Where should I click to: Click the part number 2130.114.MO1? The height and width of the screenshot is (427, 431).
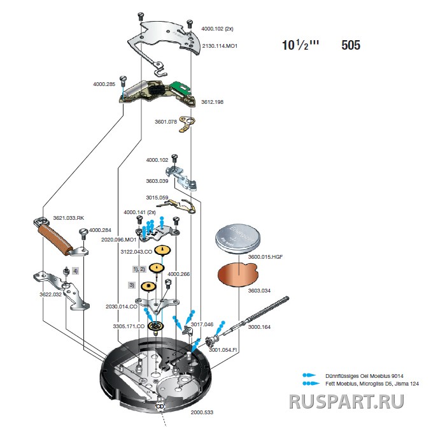click(220, 46)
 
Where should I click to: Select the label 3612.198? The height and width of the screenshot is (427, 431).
click(212, 102)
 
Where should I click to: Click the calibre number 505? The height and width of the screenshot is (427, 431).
click(351, 45)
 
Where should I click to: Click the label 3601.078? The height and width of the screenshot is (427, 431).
click(166, 121)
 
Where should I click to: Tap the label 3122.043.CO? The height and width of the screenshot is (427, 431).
click(136, 252)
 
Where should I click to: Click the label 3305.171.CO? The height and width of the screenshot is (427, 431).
click(129, 326)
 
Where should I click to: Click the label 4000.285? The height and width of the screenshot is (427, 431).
click(104, 84)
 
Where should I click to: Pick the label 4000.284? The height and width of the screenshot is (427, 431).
click(100, 230)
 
